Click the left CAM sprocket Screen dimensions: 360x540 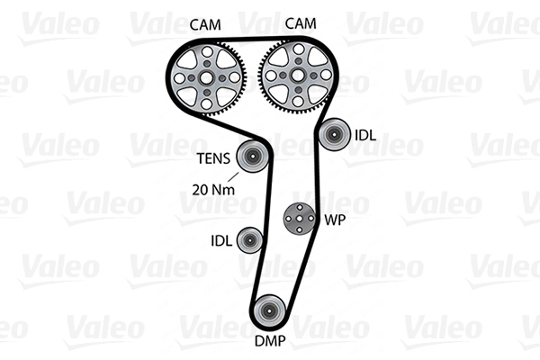[x=209, y=78]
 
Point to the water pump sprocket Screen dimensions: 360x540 [x=299, y=218]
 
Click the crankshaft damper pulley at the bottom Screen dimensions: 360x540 [x=267, y=311]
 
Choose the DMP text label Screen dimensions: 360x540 [x=267, y=342]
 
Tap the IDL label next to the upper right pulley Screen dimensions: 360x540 [x=366, y=136]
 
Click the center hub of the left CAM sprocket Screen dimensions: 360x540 [x=209, y=78]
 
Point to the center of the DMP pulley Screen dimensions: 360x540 [x=267, y=311]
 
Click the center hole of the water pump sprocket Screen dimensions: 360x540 [x=299, y=218]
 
